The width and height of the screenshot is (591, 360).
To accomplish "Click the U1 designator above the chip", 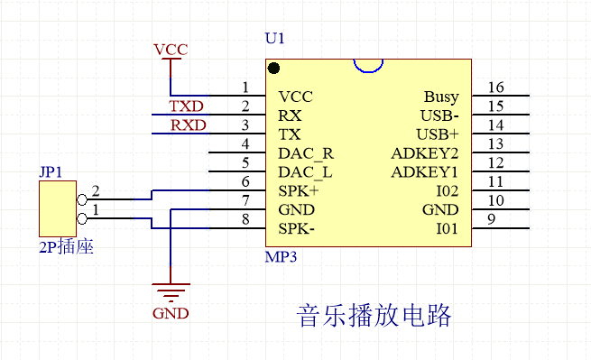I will [273, 41].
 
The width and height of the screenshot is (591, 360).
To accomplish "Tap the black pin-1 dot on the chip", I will [273, 68].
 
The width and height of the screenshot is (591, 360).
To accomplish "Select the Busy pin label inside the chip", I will [440, 97].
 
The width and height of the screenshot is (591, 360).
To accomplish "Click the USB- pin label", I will [439, 115].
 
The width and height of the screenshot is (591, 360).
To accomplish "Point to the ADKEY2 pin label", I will [425, 153].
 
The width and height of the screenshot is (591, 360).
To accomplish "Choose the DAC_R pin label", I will [306, 153].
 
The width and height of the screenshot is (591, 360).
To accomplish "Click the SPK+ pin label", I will [298, 191].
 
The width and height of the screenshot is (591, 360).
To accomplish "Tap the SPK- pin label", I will [297, 229].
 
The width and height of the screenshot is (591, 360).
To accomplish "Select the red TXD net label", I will [187, 106].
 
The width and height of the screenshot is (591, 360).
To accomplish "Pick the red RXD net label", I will [188, 125].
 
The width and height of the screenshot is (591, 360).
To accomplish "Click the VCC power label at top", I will [171, 50].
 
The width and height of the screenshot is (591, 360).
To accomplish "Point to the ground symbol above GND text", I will [171, 291].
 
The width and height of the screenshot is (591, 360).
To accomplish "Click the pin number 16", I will [495, 88].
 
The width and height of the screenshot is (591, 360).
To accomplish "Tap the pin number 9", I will [491, 220].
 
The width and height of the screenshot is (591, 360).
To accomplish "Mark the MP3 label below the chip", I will [281, 257].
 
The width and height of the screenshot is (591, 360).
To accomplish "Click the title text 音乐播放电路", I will [374, 316].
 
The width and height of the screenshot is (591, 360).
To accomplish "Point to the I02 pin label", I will [447, 191].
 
